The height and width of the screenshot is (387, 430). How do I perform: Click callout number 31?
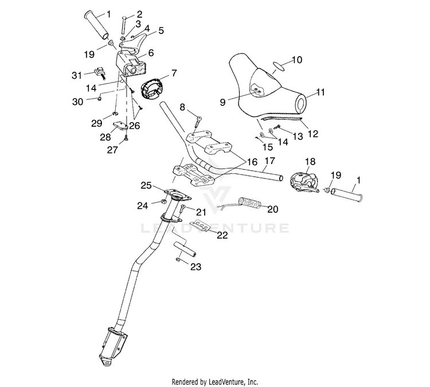pyautogui.click(x=77, y=75)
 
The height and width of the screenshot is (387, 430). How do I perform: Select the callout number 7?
pyautogui.click(x=174, y=73)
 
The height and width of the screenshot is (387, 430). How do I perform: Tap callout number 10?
pyautogui.click(x=297, y=60)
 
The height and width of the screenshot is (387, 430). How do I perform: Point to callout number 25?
pyautogui.click(x=146, y=186)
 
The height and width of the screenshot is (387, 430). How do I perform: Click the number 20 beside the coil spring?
pyautogui.click(x=272, y=209)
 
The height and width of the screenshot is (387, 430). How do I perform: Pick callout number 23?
pyautogui.click(x=196, y=267)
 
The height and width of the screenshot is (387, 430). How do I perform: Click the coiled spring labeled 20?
pyautogui.click(x=250, y=202)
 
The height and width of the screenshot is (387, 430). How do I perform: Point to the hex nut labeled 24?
pyautogui.click(x=163, y=202)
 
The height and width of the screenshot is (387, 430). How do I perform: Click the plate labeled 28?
pyautogui.click(x=120, y=126)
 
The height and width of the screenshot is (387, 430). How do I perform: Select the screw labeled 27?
pyautogui.click(x=126, y=138)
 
